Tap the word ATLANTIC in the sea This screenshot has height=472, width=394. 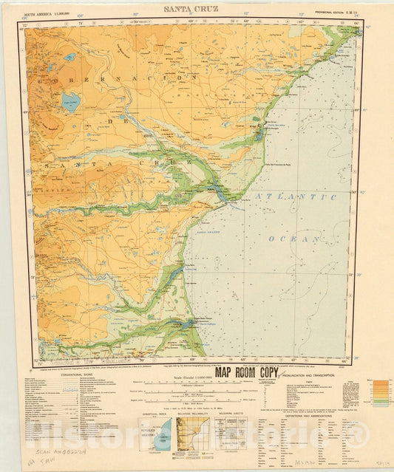[296, 197]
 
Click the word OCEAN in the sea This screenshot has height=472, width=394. [296, 239]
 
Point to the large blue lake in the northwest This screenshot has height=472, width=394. [71, 102]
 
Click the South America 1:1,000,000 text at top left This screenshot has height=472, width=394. [55, 13]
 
